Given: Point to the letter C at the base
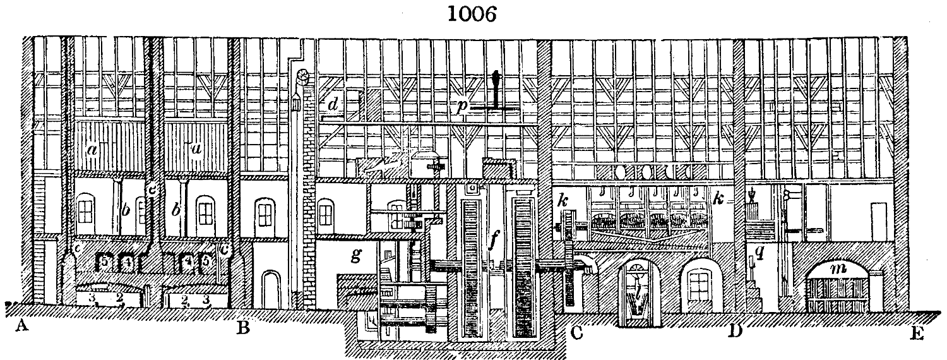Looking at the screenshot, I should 576,330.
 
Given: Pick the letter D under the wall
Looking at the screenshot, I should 735,330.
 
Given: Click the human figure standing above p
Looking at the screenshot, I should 497,88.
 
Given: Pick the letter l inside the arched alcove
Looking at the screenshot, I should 640,292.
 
